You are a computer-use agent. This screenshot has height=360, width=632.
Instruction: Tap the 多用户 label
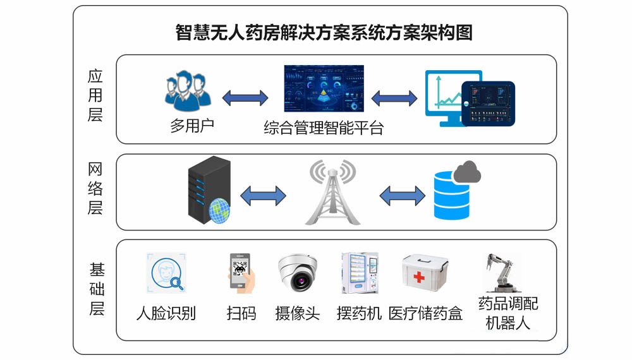pos(192,125)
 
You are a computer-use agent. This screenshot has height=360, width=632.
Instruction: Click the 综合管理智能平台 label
pos(324,129)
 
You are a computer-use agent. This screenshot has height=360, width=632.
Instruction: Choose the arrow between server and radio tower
pos(264,195)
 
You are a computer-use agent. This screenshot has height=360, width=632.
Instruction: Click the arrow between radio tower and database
pos(401,195)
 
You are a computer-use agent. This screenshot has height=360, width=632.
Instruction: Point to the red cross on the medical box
pos(419,277)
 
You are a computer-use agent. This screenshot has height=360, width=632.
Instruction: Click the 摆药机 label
pos(360,313)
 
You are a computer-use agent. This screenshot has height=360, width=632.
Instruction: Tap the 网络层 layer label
pos(95,188)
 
